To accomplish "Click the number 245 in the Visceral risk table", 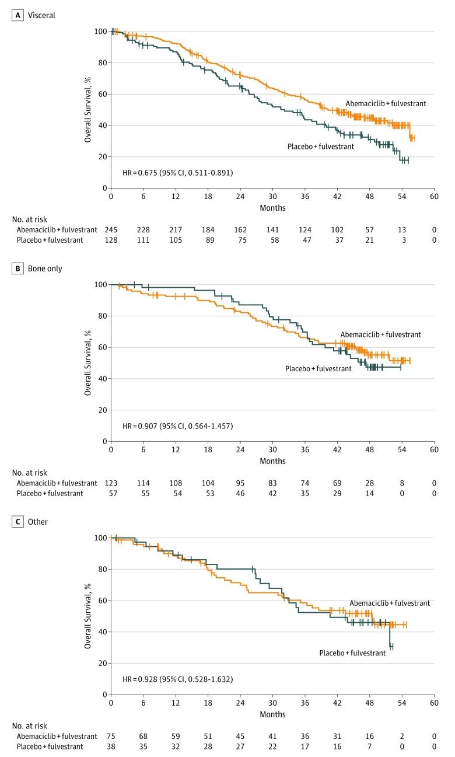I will pyautogui.click(x=111, y=230).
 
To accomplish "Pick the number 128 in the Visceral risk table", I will pyautogui.click(x=111, y=240).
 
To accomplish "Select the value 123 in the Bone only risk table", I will pyautogui.click(x=111, y=483).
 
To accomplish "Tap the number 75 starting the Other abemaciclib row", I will pyautogui.click(x=111, y=737).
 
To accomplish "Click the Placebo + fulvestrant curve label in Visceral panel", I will pyautogui.click(x=320, y=146).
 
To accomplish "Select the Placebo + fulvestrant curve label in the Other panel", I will pyautogui.click(x=352, y=653).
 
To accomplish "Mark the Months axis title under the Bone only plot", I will pyautogui.click(x=272, y=461).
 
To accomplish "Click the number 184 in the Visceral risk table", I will pyautogui.click(x=208, y=230).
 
